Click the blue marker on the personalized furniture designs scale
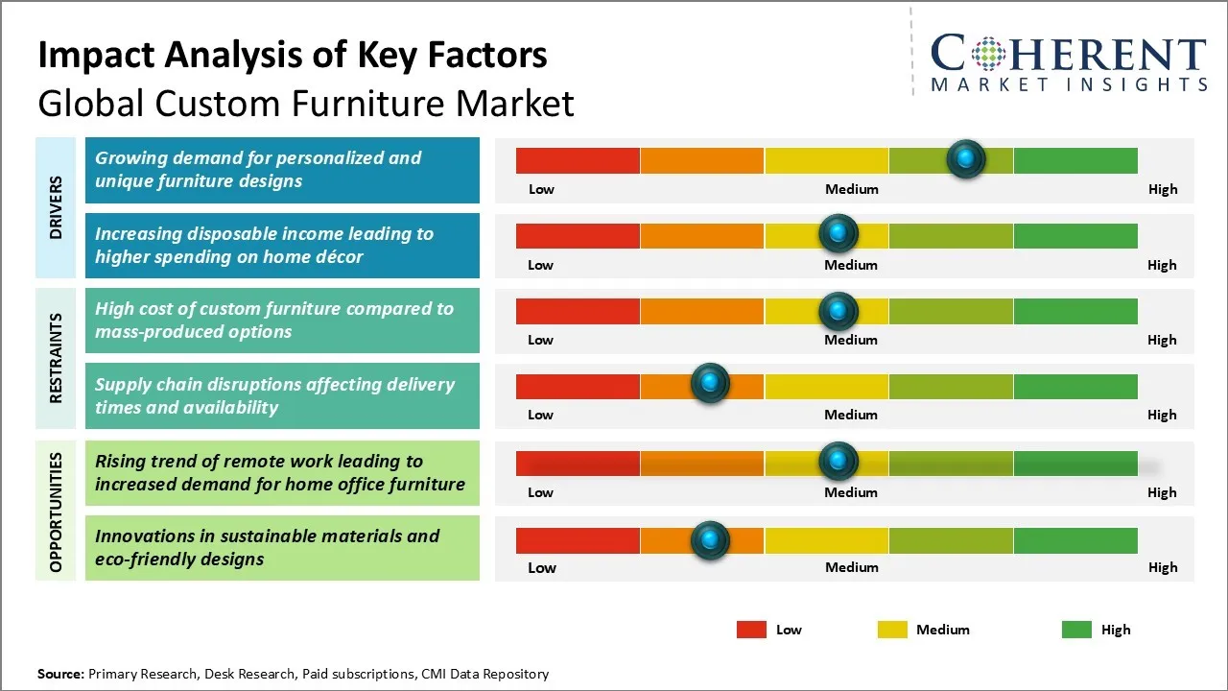966,158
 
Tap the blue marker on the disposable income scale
838,234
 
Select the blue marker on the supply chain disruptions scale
710,384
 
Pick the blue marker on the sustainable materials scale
710,540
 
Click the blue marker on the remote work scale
838,462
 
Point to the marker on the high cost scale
838,310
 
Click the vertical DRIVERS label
56,207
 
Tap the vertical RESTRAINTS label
56,358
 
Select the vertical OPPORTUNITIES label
56,512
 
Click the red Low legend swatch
751,630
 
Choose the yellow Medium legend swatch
892,630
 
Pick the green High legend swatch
1076,630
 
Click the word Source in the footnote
60,674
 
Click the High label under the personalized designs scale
1163,189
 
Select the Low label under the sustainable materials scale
542,568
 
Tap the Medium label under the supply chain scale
851,415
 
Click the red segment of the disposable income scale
578,235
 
